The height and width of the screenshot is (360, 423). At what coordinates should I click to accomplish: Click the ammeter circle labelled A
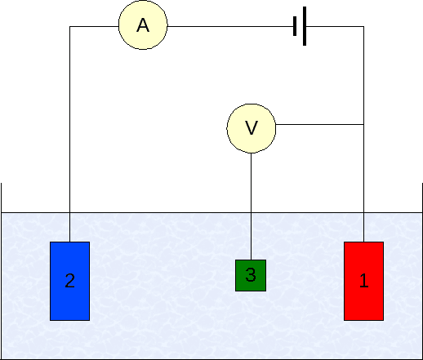tap(143, 26)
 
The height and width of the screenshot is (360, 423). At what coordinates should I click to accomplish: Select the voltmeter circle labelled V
tap(251, 127)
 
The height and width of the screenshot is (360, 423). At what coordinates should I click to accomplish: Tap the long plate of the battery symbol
tap(305, 27)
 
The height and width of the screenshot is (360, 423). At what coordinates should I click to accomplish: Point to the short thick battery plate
tap(295, 27)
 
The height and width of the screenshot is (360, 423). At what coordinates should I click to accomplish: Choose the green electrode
tap(251, 275)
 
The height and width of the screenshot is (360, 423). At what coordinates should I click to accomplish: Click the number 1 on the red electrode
tap(364, 282)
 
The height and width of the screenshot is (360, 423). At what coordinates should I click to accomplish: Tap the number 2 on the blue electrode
tap(69, 282)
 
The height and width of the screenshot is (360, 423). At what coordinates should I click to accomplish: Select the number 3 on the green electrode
tap(251, 276)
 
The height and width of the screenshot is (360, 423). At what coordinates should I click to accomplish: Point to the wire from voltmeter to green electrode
tap(251, 204)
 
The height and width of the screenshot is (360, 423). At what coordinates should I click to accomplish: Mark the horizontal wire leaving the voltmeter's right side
tap(318, 125)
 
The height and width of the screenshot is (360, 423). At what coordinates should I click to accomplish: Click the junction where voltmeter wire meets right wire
tap(363, 125)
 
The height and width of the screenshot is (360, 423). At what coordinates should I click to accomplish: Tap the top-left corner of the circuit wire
tap(69, 27)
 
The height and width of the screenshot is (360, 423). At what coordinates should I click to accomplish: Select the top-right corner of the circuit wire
tap(363, 27)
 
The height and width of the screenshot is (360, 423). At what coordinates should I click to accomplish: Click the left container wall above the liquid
tap(2, 198)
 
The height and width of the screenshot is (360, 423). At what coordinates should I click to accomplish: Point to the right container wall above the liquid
tap(421, 198)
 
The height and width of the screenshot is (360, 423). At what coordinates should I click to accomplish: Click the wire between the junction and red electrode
tap(363, 184)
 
